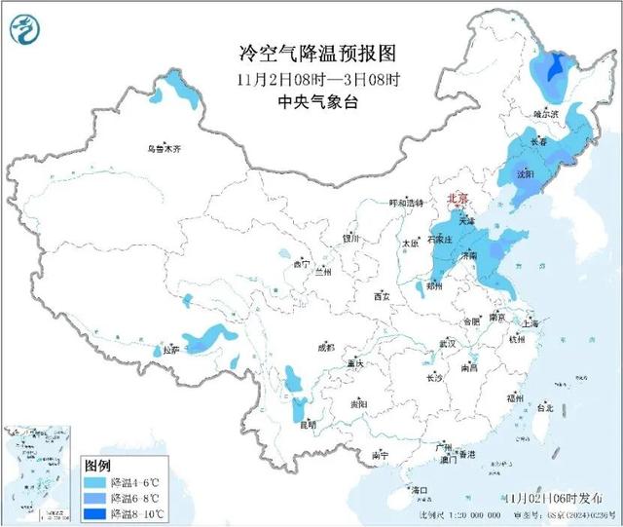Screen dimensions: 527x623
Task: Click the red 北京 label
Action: pos(457,199)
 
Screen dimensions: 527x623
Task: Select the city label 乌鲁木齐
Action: pos(165,149)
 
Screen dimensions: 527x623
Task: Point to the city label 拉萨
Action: pos(171,349)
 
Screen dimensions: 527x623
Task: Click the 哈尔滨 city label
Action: pos(548,114)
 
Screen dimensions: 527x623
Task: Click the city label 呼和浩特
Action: pos(407,203)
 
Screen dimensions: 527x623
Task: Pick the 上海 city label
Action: pos(531,322)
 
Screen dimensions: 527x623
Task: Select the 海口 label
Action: pos(421,489)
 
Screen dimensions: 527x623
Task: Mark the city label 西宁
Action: pos(300,264)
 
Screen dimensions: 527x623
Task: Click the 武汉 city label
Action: pos(448,344)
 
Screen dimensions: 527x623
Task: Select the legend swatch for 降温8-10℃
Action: pos(94,512)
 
